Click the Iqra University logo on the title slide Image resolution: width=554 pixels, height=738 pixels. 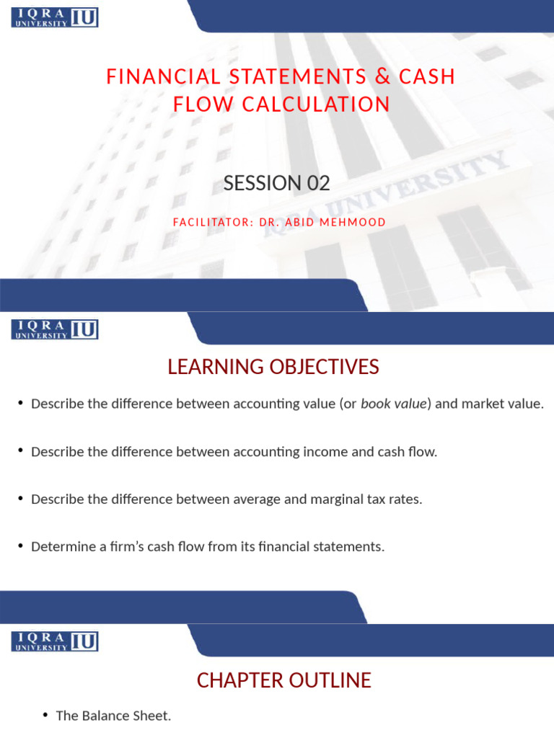click(55, 17)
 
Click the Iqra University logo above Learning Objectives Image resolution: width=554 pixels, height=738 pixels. click(55, 330)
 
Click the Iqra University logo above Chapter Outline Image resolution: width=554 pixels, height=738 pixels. click(55, 641)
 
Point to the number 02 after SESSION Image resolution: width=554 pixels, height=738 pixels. click(319, 183)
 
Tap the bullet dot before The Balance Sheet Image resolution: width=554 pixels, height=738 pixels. click(45, 715)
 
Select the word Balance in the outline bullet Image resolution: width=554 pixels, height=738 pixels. click(103, 716)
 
